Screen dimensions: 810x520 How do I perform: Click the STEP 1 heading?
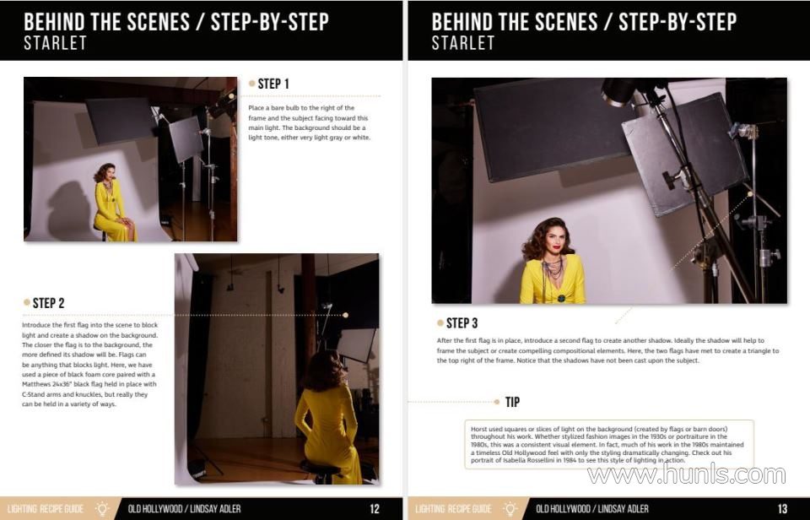click(273, 84)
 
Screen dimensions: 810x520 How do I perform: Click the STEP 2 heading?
click(49, 303)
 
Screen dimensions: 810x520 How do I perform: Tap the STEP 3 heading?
click(462, 323)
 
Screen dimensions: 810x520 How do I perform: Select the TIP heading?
click(512, 402)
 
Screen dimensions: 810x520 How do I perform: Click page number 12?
click(375, 509)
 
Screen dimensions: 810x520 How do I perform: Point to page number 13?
click(783, 509)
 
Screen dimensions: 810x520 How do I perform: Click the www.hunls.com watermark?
click(687, 474)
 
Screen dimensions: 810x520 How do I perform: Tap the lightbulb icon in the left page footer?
click(102, 509)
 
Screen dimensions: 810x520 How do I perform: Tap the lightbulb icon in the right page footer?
click(510, 509)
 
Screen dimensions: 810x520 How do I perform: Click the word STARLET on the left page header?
click(56, 43)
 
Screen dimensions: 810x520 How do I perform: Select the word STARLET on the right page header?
click(463, 43)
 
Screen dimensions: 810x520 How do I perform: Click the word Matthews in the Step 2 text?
click(36, 385)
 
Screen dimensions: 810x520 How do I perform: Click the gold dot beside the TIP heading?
click(496, 402)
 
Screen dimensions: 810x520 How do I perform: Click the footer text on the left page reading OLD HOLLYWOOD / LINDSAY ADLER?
click(185, 509)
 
